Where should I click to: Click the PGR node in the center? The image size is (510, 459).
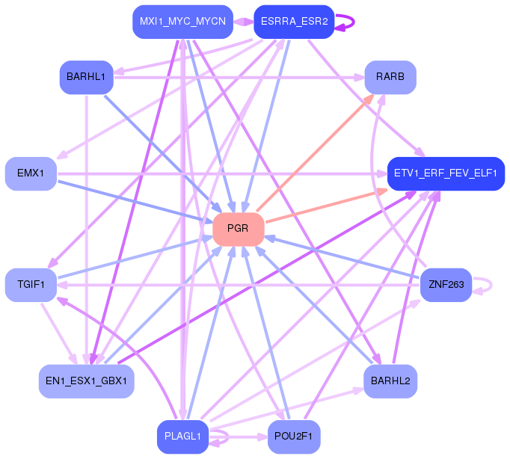[x=239, y=229]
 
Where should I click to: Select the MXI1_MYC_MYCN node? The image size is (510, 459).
[x=182, y=21]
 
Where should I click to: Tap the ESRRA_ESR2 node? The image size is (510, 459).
[x=294, y=21]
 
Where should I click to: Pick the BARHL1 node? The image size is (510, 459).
[x=86, y=77]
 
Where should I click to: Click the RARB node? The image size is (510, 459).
[x=390, y=77]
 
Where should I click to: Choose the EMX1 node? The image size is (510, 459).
[x=31, y=173]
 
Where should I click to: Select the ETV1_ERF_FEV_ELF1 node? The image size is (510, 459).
[x=446, y=173]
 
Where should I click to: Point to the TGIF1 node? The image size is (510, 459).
[x=31, y=285]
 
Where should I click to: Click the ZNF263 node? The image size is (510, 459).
[x=446, y=285]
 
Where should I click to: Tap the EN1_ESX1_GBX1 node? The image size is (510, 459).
[x=87, y=381]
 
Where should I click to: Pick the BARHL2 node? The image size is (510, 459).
[x=390, y=381]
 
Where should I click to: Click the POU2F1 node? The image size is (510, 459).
[x=294, y=437]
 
